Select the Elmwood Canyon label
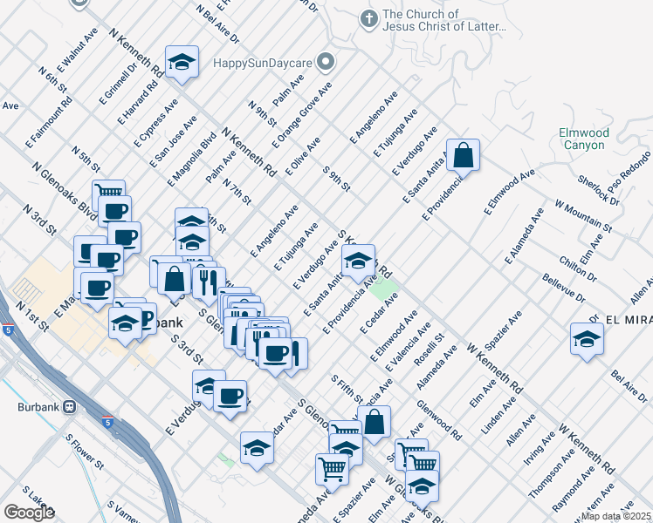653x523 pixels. (x=584, y=139)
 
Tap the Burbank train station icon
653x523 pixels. (x=69, y=407)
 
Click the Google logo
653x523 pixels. (x=29, y=513)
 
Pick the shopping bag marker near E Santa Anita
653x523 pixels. (x=464, y=157)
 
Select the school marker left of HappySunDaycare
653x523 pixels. (x=182, y=62)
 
